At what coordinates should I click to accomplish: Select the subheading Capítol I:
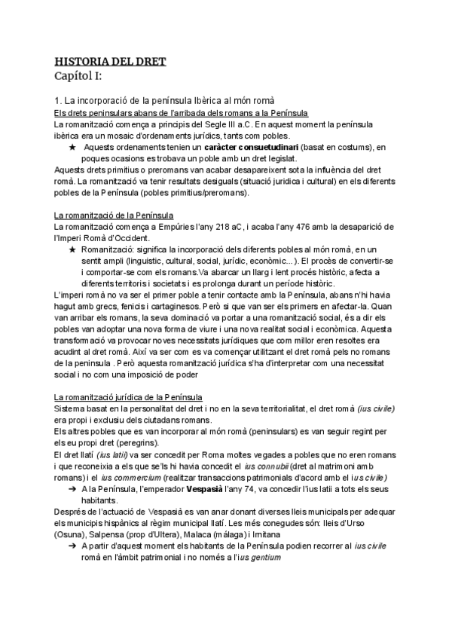[x=83, y=76]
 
